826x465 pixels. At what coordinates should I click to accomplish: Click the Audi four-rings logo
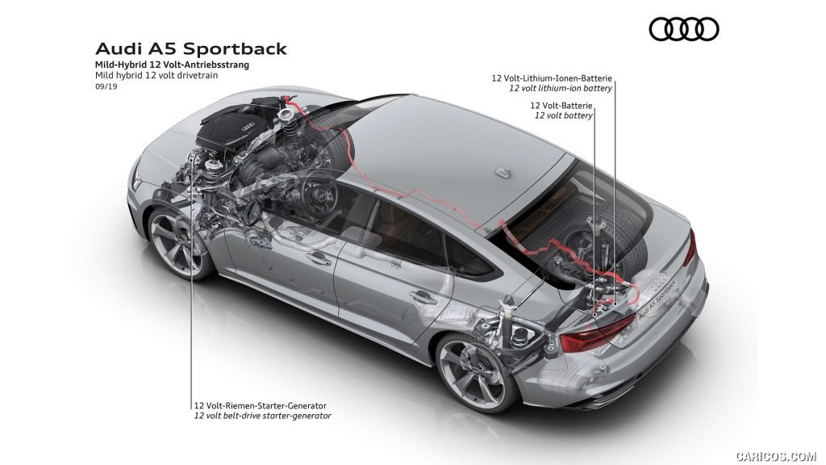click(x=683, y=30)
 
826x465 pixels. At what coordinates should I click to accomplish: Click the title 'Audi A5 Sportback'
click(x=191, y=48)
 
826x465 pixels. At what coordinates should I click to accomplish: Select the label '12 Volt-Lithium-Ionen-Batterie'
click(x=553, y=78)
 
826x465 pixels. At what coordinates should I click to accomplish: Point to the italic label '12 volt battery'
click(x=564, y=115)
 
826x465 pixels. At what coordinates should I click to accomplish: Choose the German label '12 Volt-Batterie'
click(x=562, y=106)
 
